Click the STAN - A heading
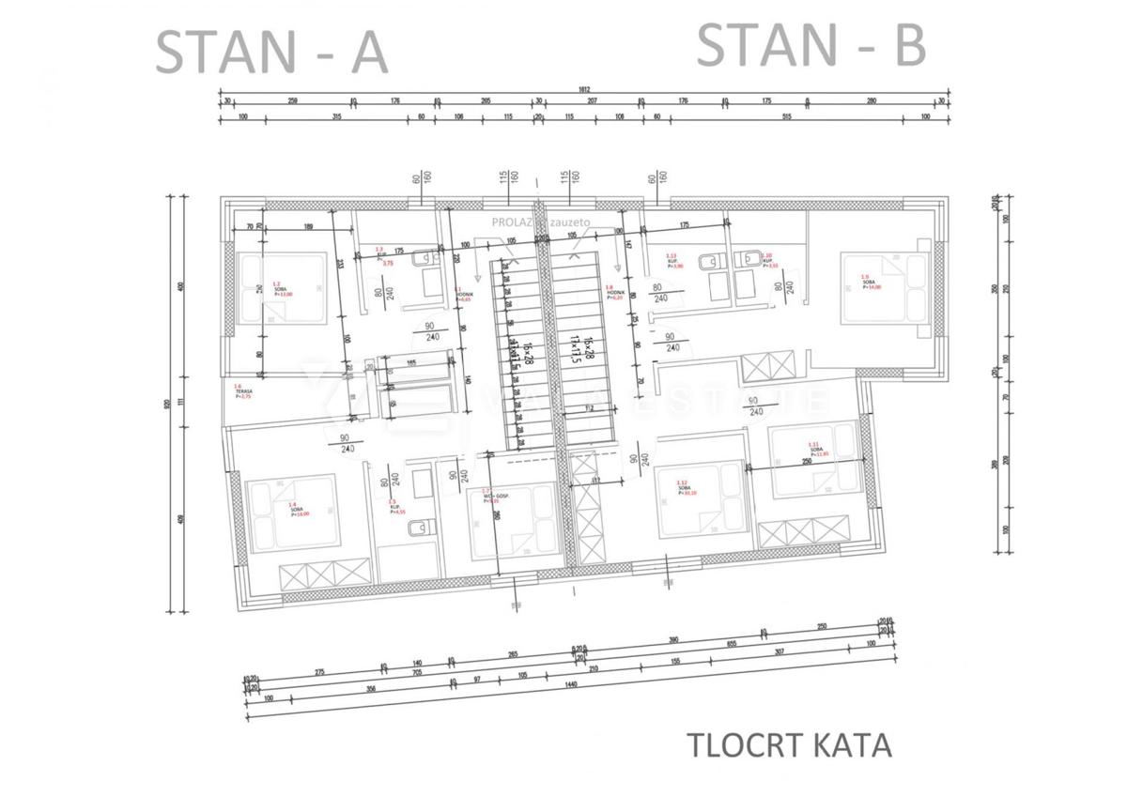tap(270, 53)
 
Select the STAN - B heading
tap(811, 46)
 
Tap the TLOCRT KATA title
tap(789, 745)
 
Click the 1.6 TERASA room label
tap(243, 391)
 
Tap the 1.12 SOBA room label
tap(687, 486)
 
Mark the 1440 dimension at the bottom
tap(570, 685)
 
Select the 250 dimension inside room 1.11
tap(806, 462)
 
